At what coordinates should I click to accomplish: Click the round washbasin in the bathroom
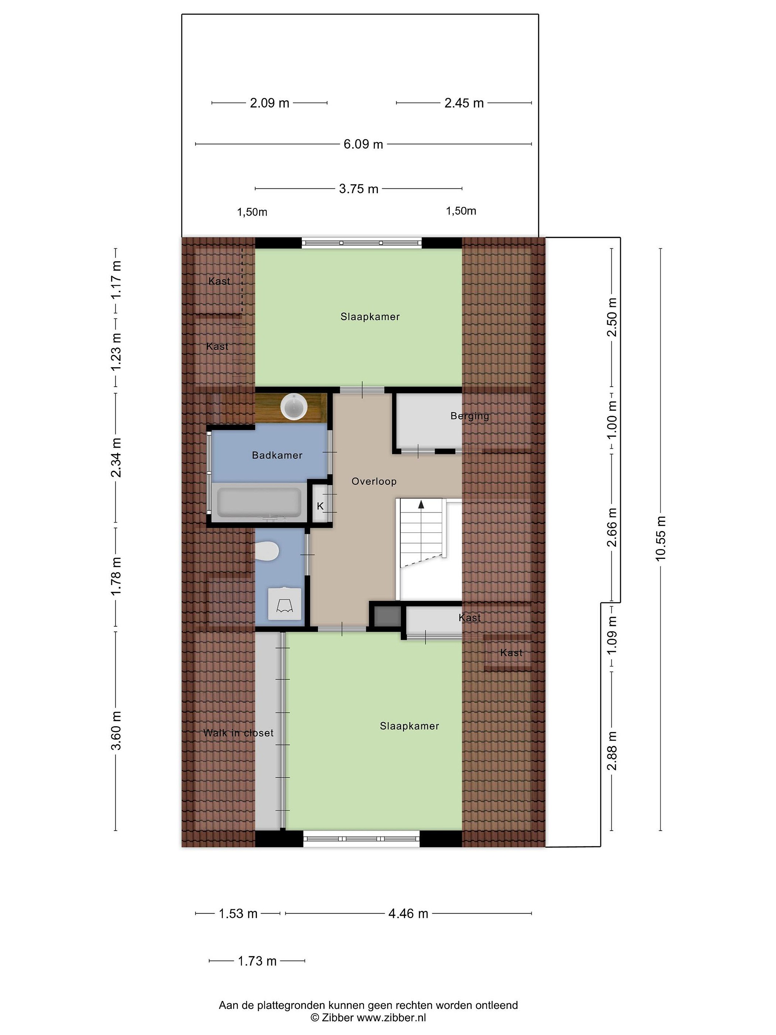coord(293,406)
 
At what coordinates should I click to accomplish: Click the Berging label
coord(470,416)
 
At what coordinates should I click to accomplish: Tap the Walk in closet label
coord(238,733)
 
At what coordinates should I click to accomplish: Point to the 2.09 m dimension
coord(269,103)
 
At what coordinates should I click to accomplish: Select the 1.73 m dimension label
coord(257,961)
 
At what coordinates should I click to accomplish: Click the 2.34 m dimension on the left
coord(116,457)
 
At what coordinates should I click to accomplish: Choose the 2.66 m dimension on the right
coord(611,527)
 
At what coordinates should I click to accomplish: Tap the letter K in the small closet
coord(320,506)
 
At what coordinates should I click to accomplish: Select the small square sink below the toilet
coord(285,604)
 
